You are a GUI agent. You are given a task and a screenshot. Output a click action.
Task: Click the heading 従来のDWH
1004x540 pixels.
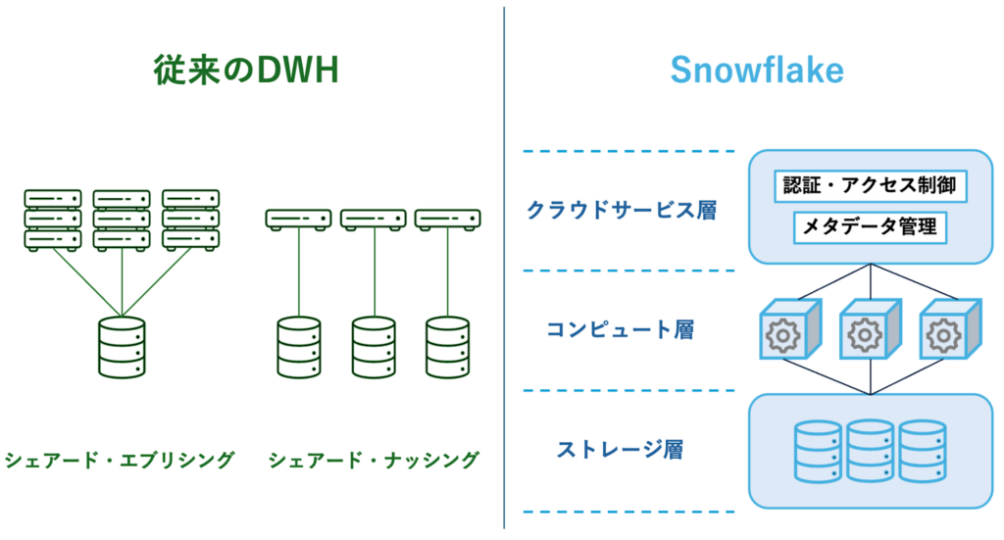point(245,71)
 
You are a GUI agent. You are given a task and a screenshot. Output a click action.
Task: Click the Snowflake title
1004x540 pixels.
point(757,71)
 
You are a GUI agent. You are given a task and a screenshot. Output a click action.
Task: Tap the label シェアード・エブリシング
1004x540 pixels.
point(120,459)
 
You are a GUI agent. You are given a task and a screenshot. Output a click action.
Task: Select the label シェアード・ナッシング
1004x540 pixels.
point(374,459)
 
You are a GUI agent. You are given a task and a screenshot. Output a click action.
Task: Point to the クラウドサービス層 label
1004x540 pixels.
point(621,210)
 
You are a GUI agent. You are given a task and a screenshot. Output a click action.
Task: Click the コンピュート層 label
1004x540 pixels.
point(621,329)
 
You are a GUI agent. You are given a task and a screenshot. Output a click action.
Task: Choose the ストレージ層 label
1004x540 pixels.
point(621,450)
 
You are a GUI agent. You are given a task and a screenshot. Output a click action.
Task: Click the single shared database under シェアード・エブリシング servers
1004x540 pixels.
point(122,346)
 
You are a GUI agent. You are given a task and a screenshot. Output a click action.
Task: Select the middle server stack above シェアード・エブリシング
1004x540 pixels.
point(122,219)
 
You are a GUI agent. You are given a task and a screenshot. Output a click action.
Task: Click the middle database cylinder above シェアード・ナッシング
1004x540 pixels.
point(374,346)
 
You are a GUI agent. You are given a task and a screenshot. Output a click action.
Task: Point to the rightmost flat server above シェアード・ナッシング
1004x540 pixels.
point(447,219)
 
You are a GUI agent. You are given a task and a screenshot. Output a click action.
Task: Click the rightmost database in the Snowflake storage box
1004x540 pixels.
point(922,451)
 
